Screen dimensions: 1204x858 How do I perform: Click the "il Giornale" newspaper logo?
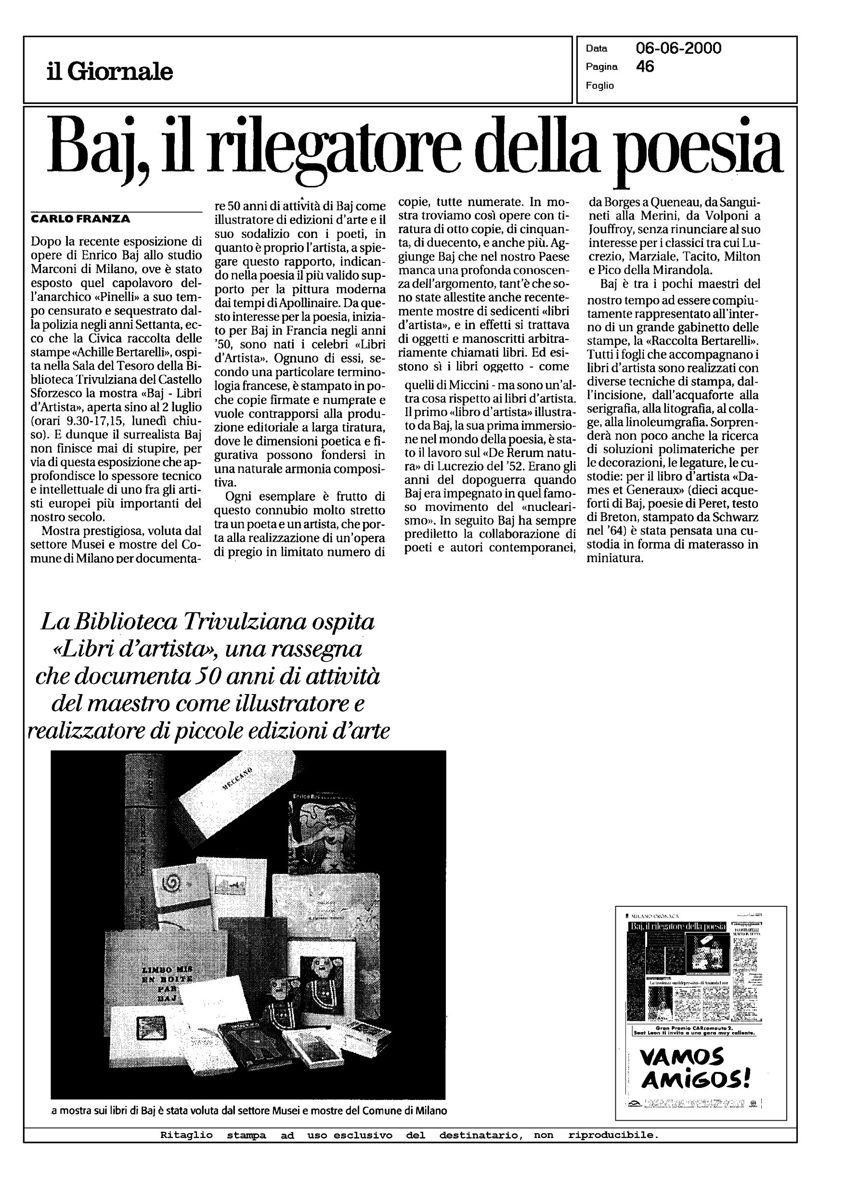pyautogui.click(x=109, y=71)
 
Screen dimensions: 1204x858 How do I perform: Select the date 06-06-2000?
pyautogui.click(x=678, y=49)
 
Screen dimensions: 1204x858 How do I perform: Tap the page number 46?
pyautogui.click(x=645, y=66)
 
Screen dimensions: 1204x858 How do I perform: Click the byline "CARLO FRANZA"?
pyautogui.click(x=81, y=219)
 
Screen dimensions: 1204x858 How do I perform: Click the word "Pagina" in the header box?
pyautogui.click(x=602, y=66)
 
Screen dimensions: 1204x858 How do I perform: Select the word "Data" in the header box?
pyautogui.click(x=597, y=49)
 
